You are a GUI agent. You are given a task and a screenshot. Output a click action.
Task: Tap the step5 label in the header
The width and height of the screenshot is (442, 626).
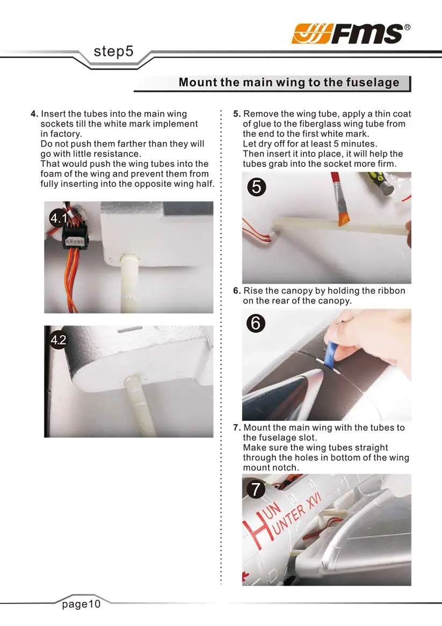point(113,52)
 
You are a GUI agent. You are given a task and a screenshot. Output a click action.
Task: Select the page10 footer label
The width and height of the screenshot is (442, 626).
point(81,604)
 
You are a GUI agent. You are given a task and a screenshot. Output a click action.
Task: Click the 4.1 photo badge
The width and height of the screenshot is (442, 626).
point(59,218)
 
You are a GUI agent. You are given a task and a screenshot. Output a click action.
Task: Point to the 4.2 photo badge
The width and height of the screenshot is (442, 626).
point(59,340)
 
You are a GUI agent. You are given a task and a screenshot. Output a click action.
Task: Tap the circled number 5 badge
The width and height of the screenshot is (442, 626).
point(257,187)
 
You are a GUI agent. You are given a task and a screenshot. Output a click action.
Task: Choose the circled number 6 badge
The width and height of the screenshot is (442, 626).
point(256,323)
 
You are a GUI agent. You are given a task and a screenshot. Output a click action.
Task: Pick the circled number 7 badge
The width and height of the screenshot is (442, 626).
point(256,489)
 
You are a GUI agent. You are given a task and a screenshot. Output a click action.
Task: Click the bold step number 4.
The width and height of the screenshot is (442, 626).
point(34,114)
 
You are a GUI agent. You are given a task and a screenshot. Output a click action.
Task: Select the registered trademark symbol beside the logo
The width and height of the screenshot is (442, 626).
point(407,27)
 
